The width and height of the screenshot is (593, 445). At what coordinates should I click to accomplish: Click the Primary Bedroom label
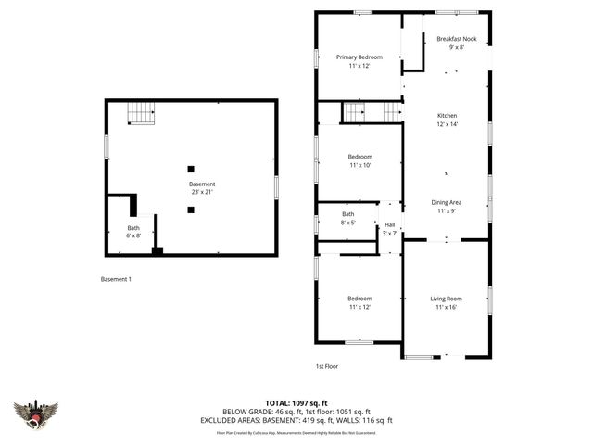pyautogui.click(x=359, y=62)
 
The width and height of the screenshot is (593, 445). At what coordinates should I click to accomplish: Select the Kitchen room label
pyautogui.click(x=448, y=120)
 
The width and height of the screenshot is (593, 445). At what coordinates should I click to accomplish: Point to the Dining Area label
pyautogui.click(x=447, y=207)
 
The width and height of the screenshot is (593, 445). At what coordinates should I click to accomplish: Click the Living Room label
pyautogui.click(x=446, y=302)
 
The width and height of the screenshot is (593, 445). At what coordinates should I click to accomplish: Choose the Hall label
pyautogui.click(x=389, y=228)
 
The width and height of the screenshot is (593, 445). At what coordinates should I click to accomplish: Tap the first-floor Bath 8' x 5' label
pyautogui.click(x=347, y=218)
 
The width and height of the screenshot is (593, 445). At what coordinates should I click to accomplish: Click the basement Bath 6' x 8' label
pyautogui.click(x=134, y=232)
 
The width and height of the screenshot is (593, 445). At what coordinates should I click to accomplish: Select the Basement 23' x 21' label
pyautogui.click(x=201, y=188)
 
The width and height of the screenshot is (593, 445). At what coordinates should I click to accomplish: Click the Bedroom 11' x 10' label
pyautogui.click(x=360, y=160)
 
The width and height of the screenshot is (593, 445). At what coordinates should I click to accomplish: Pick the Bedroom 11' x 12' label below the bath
pyautogui.click(x=360, y=302)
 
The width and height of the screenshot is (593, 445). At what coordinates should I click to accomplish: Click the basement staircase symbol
pyautogui.click(x=140, y=112)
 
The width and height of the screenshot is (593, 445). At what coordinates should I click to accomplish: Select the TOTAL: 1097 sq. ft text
pyautogui.click(x=296, y=402)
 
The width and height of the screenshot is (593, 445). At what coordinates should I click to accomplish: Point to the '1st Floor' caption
pyautogui.click(x=326, y=366)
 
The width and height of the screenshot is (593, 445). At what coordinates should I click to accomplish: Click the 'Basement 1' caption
pyautogui.click(x=117, y=279)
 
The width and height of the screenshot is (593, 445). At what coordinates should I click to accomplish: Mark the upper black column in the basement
pyautogui.click(x=191, y=169)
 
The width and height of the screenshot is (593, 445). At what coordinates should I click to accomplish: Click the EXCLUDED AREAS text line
pyautogui.click(x=296, y=420)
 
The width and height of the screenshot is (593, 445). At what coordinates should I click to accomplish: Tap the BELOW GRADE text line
pyautogui.click(x=296, y=412)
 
